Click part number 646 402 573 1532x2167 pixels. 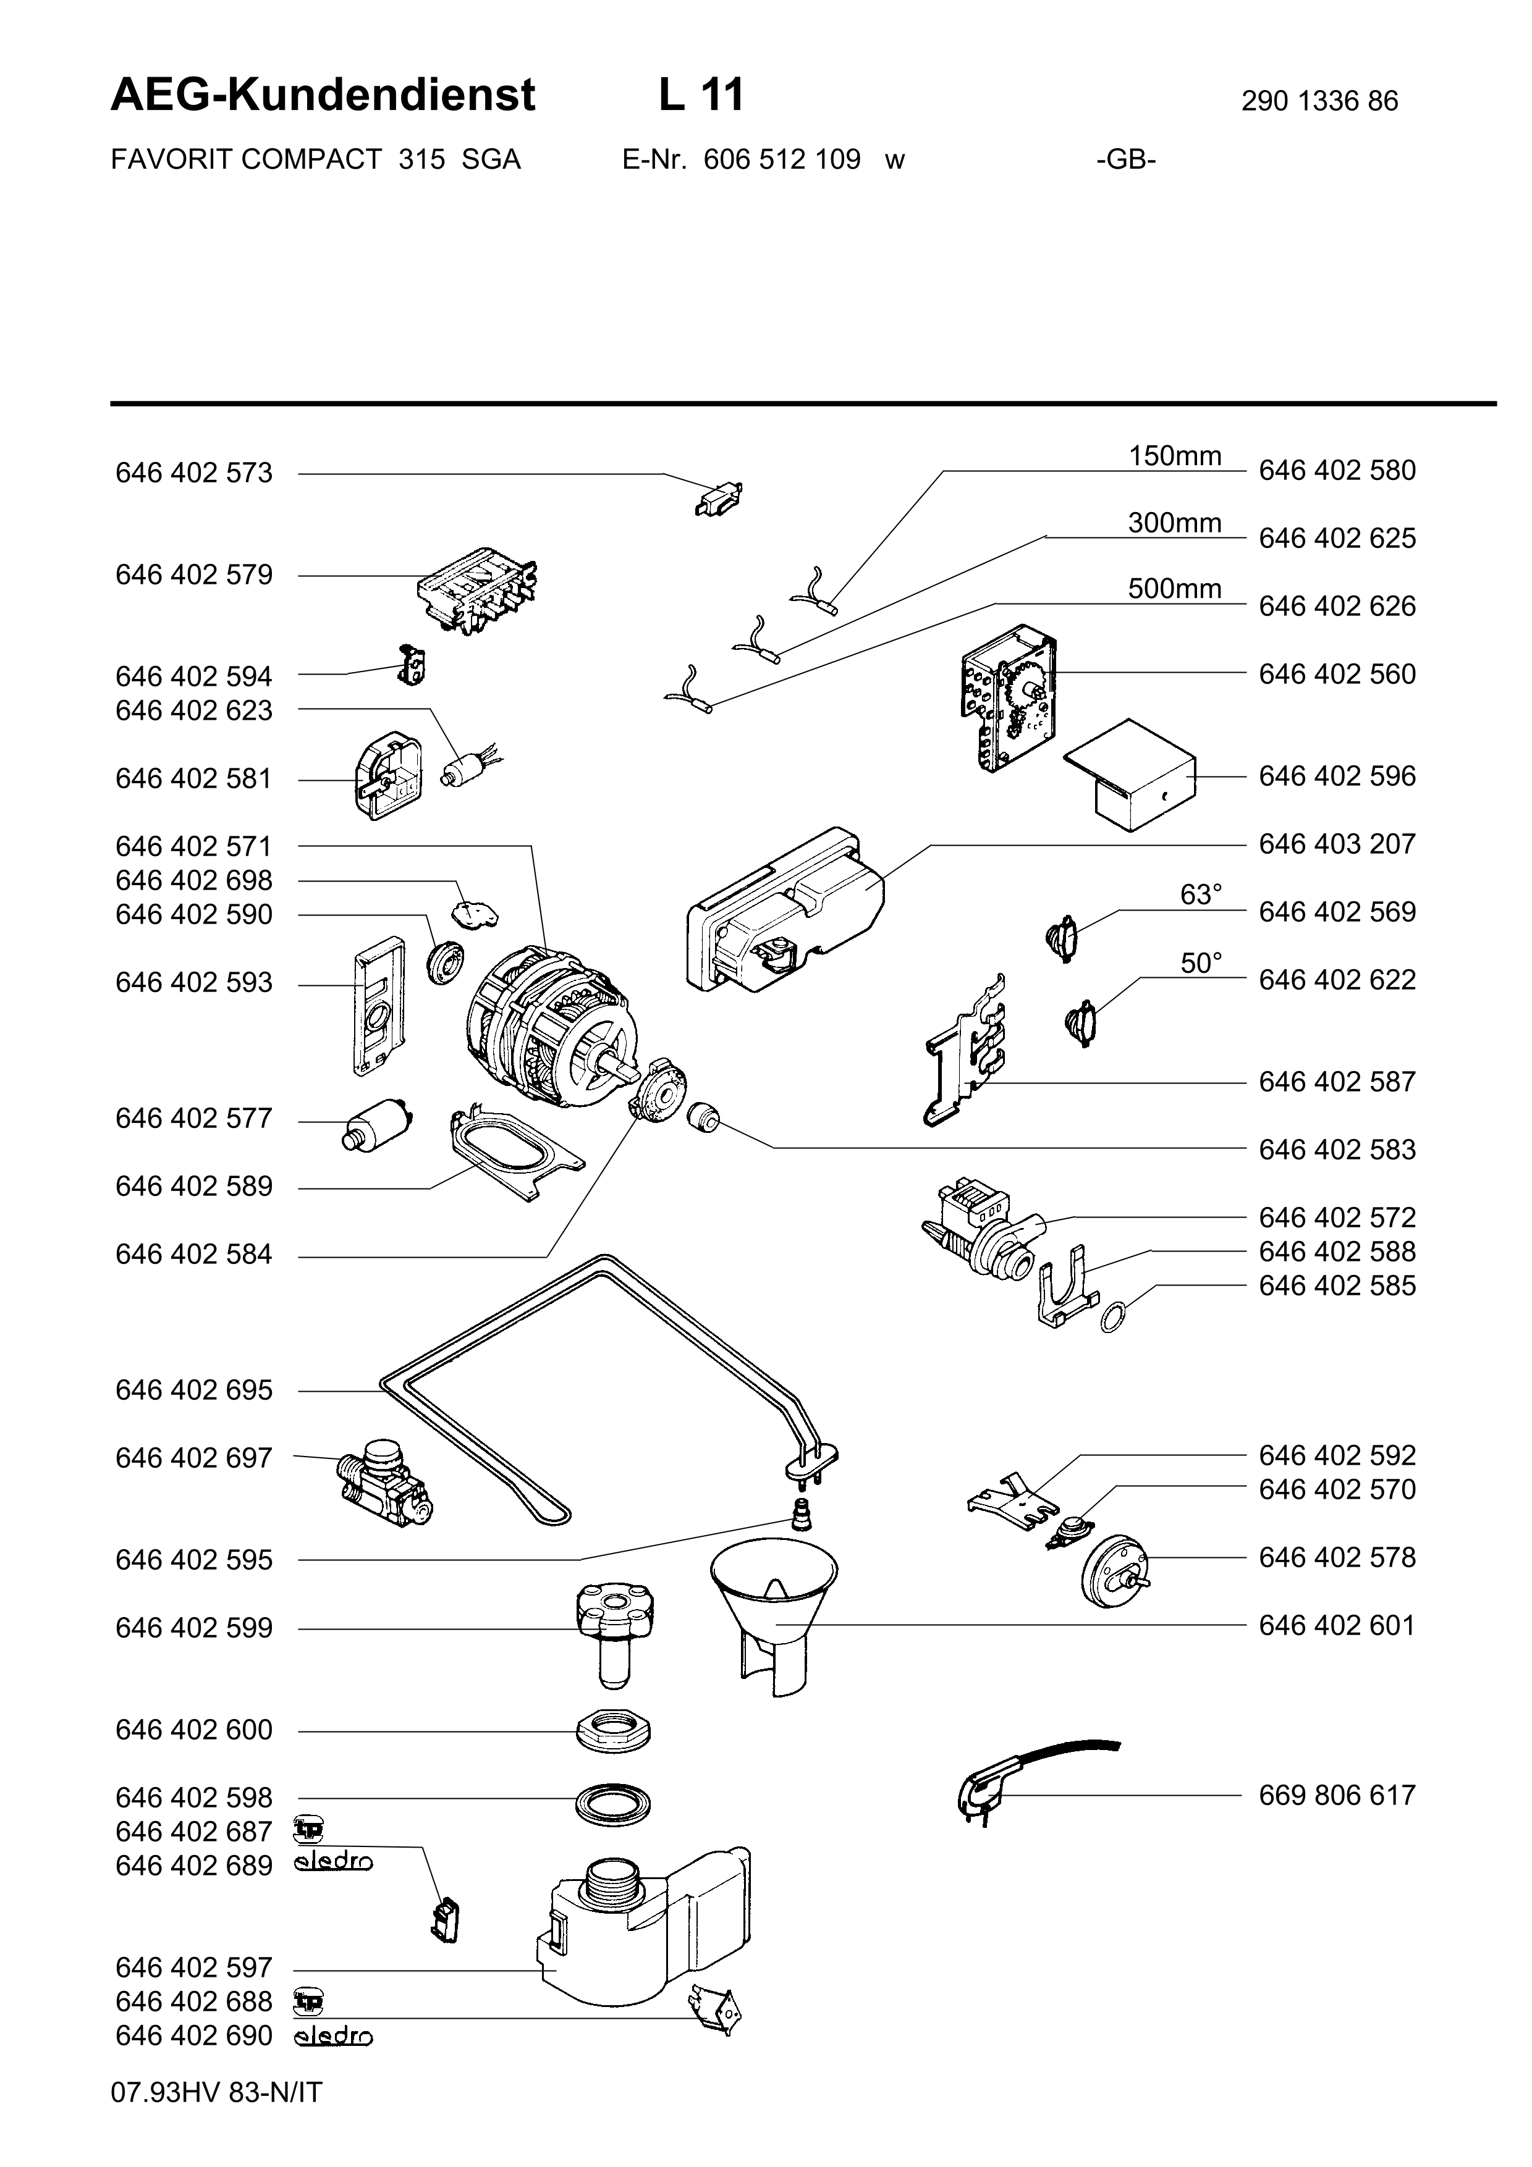[193, 473]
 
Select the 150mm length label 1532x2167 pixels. [1175, 456]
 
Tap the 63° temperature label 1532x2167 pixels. [1201, 894]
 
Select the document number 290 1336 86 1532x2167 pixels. [1319, 101]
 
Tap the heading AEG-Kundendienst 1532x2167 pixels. [323, 95]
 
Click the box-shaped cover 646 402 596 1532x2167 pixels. [1130, 776]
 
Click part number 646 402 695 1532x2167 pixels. [193, 1391]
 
